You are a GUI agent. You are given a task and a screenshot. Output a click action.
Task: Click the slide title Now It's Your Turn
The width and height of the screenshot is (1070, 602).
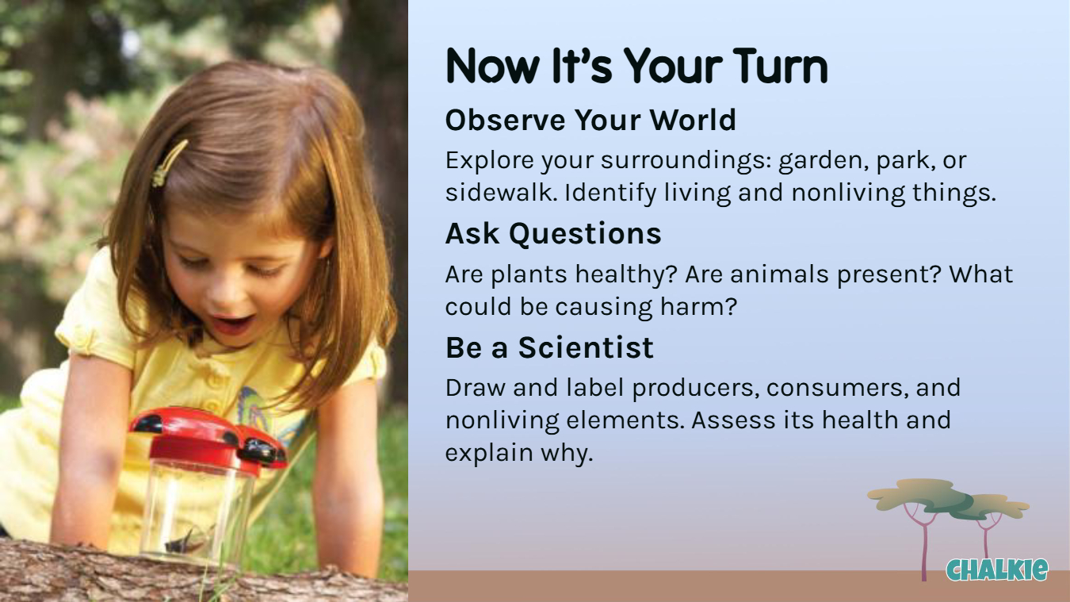point(636,67)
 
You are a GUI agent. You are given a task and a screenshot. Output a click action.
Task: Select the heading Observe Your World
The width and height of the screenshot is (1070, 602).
point(590,120)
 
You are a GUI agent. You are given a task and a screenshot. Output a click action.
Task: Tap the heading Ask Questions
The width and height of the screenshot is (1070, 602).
point(553,234)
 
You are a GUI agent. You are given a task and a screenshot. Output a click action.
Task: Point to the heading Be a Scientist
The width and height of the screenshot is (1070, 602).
point(549,347)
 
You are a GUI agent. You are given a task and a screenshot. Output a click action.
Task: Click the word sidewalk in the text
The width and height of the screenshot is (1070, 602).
point(501,193)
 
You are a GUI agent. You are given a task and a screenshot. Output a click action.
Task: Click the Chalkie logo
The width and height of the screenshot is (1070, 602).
point(997,570)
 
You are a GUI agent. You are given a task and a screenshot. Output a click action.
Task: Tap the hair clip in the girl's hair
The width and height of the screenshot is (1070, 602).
point(168,163)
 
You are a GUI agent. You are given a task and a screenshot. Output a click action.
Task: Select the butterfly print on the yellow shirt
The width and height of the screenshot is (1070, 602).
point(269,416)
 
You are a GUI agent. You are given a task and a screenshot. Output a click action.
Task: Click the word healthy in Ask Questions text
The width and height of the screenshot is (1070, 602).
point(626,275)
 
